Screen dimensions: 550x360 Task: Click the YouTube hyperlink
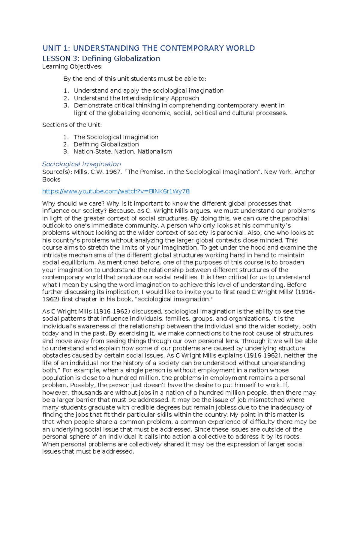click(116, 191)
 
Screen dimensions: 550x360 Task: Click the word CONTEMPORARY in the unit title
click(192, 48)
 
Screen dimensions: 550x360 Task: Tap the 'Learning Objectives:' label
click(72, 67)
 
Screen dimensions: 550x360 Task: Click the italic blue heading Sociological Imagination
click(81, 164)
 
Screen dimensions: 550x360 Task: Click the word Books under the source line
click(51, 179)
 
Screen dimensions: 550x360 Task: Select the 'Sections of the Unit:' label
click(72, 125)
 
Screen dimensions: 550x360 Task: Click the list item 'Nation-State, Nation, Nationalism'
click(122, 152)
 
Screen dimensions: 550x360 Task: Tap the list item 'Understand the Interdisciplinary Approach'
click(136, 98)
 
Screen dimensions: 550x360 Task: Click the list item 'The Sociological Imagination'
click(116, 137)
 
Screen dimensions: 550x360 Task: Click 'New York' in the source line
click(278, 172)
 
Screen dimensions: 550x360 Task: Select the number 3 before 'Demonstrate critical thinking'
click(66, 106)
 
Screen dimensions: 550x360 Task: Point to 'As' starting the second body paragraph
click(46, 311)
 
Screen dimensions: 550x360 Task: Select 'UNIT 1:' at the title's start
click(56, 48)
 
